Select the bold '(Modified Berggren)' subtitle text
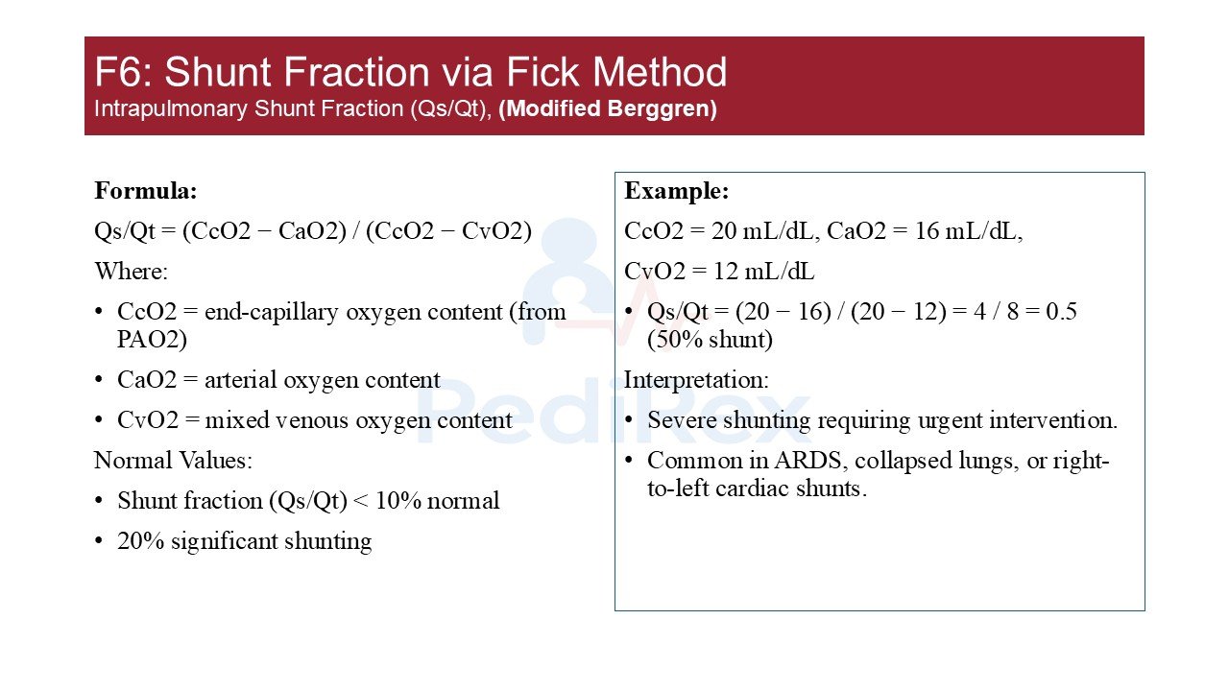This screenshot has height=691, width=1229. point(608,108)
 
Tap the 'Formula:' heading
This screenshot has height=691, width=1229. point(146,191)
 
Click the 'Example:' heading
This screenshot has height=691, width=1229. point(677,191)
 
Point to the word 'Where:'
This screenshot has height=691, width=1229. point(132,271)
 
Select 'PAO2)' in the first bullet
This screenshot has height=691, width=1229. point(152,340)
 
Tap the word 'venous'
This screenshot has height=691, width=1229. point(312,420)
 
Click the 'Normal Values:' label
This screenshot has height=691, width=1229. point(174,460)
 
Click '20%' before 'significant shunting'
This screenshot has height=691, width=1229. point(140,540)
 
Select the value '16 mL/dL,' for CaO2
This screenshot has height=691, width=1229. point(969,231)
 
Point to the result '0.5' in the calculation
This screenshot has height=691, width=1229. point(1061,312)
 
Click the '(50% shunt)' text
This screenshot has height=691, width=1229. point(710,340)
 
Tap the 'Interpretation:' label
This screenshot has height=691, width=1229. point(697,379)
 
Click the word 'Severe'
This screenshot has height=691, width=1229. point(682,420)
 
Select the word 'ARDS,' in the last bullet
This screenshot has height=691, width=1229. point(807,461)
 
